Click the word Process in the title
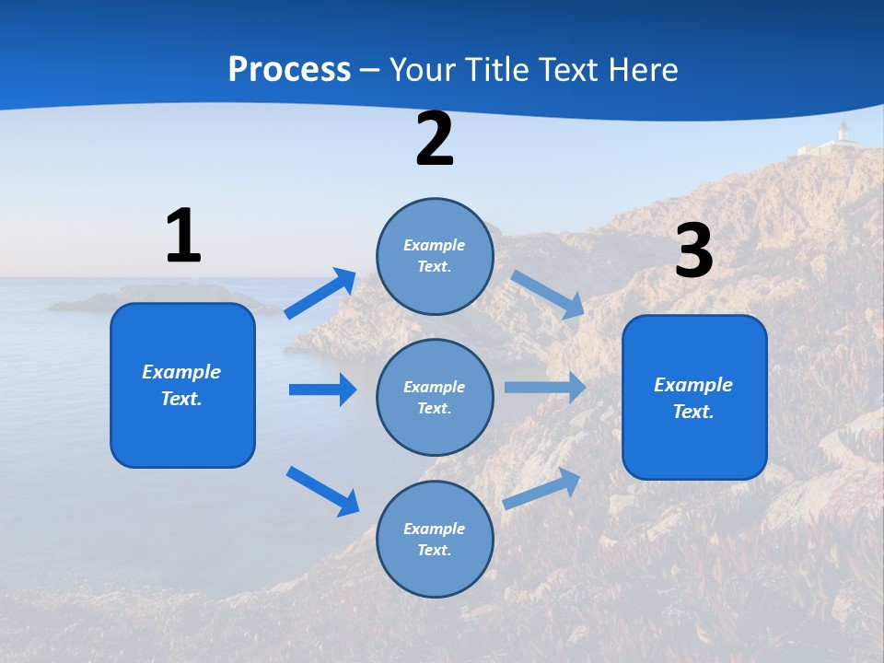pyautogui.click(x=289, y=69)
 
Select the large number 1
pyautogui.click(x=183, y=236)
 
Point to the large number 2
pyautogui.click(x=435, y=139)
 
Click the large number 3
pyautogui.click(x=693, y=251)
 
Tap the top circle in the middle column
pyautogui.click(x=436, y=256)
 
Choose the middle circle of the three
pyautogui.click(x=436, y=397)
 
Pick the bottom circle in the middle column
pyautogui.click(x=436, y=539)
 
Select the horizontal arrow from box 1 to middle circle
pyautogui.click(x=322, y=390)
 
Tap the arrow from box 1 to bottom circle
pyautogui.click(x=322, y=491)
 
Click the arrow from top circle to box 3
pyautogui.click(x=548, y=294)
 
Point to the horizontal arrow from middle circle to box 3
pyautogui.click(x=545, y=387)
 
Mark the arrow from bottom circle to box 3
pyautogui.click(x=542, y=488)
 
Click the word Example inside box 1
pyautogui.click(x=181, y=372)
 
